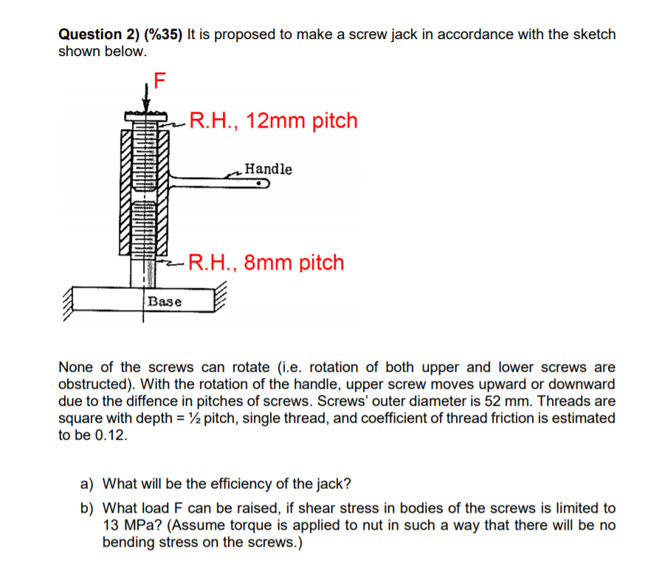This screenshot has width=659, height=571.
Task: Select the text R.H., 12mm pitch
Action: click(x=273, y=120)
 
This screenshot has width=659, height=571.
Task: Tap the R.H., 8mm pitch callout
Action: click(x=266, y=263)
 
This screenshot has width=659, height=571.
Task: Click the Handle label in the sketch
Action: click(x=268, y=169)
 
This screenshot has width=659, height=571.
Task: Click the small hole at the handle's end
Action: click(x=261, y=186)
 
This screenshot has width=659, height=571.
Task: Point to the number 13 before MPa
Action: click(x=115, y=525)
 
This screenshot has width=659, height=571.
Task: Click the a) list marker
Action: click(x=87, y=485)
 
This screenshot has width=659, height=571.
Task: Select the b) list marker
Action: click(x=87, y=508)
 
